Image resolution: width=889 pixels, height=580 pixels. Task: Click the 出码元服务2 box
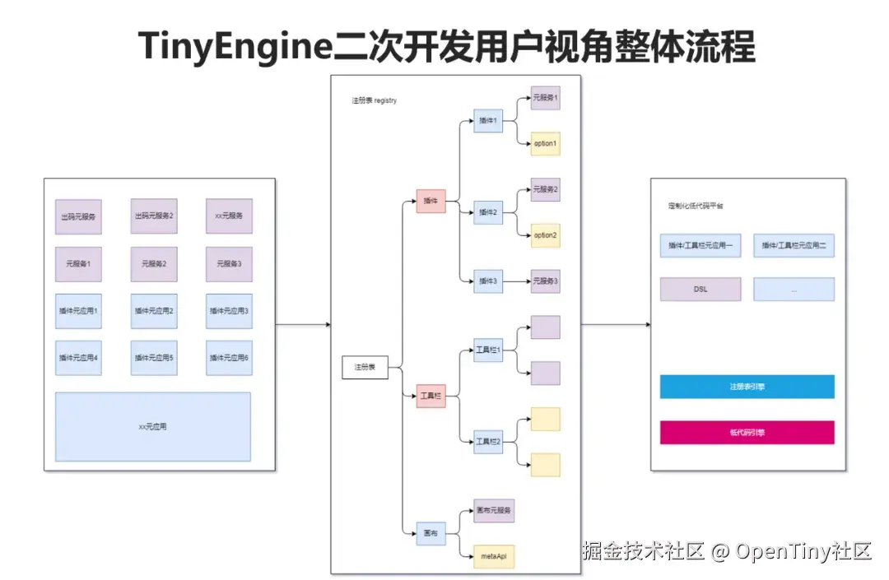pyautogui.click(x=154, y=216)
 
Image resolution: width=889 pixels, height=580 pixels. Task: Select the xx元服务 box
pyautogui.click(x=229, y=216)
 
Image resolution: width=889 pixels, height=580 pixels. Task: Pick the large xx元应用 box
pyautogui.click(x=153, y=427)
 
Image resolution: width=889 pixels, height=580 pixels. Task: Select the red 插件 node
pyautogui.click(x=431, y=201)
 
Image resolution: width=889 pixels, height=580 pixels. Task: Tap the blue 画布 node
pyautogui.click(x=431, y=534)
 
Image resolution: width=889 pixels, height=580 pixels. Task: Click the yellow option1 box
pyautogui.click(x=545, y=144)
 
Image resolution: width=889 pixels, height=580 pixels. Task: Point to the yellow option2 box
pyautogui.click(x=545, y=235)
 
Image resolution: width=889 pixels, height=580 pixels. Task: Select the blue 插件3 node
pyautogui.click(x=488, y=281)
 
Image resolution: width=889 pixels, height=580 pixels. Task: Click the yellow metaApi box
pyautogui.click(x=495, y=557)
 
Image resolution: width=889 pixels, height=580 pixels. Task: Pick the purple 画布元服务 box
pyautogui.click(x=495, y=511)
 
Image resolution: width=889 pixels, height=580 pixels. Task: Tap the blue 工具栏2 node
pyautogui.click(x=488, y=442)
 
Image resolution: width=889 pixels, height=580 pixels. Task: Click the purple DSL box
pyautogui.click(x=700, y=290)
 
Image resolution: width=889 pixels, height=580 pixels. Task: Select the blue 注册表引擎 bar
pyautogui.click(x=747, y=387)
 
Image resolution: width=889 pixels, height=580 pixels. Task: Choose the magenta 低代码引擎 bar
pyautogui.click(x=747, y=433)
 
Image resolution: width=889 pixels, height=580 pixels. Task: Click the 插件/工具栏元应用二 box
pyautogui.click(x=794, y=245)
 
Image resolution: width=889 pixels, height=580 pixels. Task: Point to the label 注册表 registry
pyautogui.click(x=375, y=100)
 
